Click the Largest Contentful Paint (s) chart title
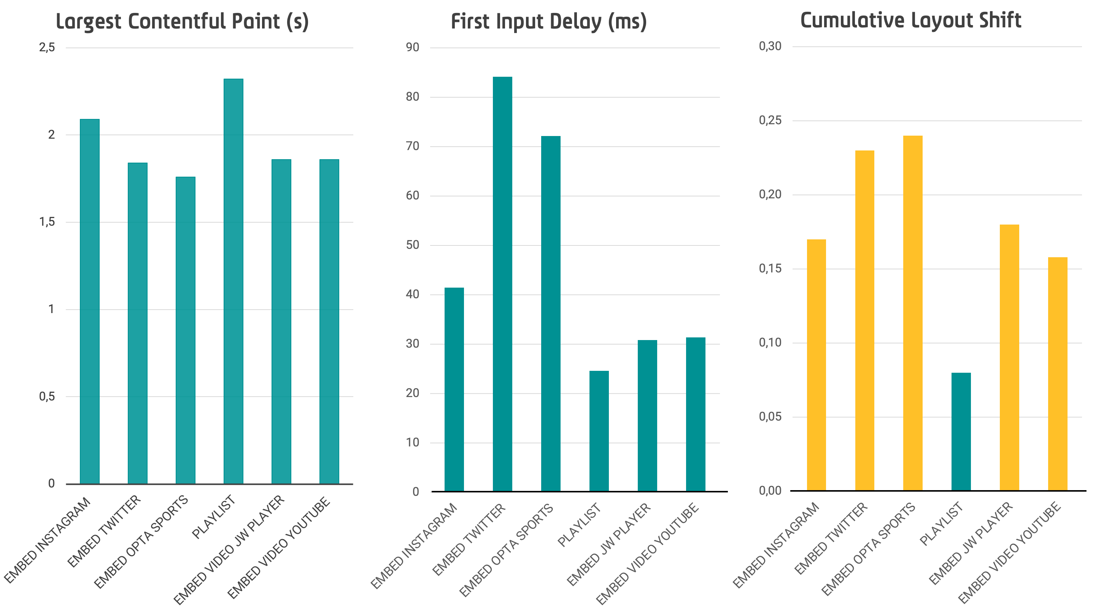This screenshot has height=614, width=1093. [x=183, y=22]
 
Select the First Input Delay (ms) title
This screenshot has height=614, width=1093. [x=549, y=22]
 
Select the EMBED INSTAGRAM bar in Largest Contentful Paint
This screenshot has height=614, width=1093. [x=89, y=301]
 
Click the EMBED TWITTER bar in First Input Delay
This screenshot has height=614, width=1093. [x=502, y=284]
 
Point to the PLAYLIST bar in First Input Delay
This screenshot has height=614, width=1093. [x=599, y=431]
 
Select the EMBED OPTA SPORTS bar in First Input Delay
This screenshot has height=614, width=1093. [x=551, y=313]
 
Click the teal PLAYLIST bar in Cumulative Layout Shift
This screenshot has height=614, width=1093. [x=961, y=432]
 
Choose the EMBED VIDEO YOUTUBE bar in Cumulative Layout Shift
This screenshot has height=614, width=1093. [x=1057, y=373]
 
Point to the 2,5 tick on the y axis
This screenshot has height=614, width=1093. [x=47, y=47]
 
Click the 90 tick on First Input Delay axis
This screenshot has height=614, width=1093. [x=412, y=47]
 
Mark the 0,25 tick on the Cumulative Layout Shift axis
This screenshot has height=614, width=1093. [x=770, y=120]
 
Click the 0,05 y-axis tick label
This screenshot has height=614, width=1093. [x=770, y=416]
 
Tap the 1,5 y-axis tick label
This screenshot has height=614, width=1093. [x=47, y=222]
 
